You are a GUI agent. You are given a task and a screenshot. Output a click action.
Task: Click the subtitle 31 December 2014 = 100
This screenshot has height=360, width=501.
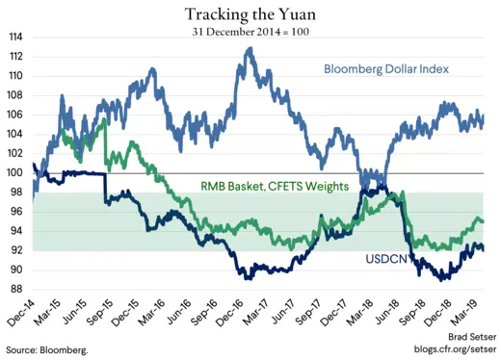(250, 30)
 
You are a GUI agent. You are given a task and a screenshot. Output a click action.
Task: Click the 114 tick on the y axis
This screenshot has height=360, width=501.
(16, 38)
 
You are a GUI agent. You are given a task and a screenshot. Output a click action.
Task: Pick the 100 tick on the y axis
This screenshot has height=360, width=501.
(16, 173)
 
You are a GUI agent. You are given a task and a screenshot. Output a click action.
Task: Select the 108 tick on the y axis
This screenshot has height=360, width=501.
(16, 95)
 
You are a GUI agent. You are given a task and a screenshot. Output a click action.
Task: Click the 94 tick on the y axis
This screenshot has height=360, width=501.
(18, 231)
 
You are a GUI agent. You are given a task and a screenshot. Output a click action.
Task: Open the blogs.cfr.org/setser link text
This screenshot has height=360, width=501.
(452, 351)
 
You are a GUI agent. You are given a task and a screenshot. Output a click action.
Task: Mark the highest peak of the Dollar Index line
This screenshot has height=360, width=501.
(250, 48)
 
